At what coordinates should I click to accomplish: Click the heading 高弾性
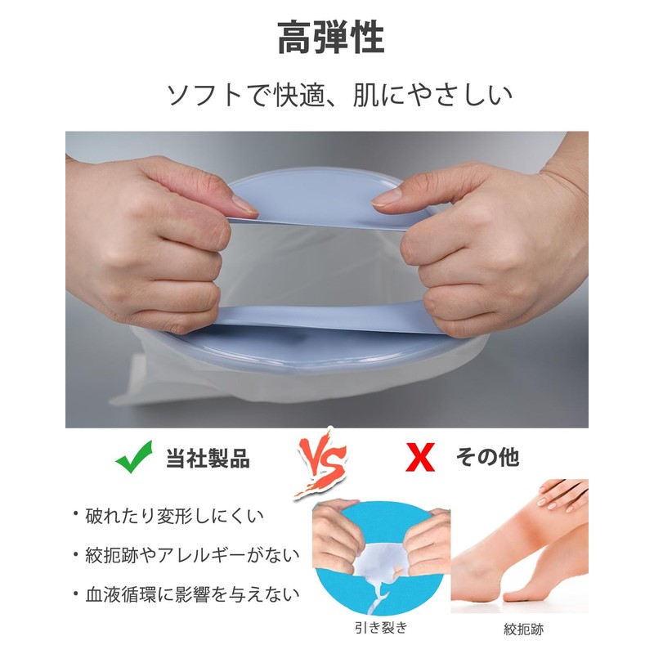(330, 38)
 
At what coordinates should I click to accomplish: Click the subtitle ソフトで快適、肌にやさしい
(339, 96)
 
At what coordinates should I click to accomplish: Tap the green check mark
(133, 456)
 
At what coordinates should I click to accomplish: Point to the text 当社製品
(207, 457)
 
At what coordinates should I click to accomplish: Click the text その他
(487, 457)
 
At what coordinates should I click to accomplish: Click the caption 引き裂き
(382, 628)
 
